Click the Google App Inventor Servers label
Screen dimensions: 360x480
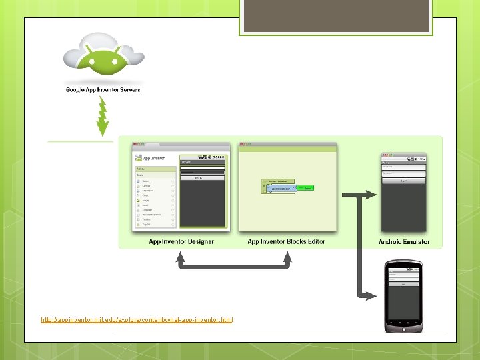(x=103, y=90)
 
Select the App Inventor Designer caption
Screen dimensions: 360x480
(x=181, y=241)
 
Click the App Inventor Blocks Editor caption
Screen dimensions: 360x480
(x=286, y=241)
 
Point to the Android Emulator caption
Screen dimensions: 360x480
(x=404, y=242)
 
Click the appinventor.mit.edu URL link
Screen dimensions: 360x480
(x=137, y=320)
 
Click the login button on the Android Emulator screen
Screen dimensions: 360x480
(x=403, y=180)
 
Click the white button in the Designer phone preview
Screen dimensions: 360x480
(x=199, y=178)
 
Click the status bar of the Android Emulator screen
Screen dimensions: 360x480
(x=403, y=159)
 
